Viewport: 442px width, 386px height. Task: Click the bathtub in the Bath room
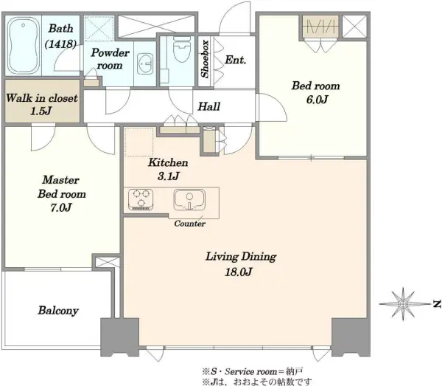[23, 46]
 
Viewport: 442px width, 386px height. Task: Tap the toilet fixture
[182, 49]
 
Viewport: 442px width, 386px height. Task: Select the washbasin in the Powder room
[145, 63]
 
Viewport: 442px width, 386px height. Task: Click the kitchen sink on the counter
[189, 200]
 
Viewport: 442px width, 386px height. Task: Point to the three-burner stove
[141, 199]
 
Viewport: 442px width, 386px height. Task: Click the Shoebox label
[206, 59]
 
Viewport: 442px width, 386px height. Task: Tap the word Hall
[209, 106]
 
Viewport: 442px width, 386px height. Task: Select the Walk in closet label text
[42, 98]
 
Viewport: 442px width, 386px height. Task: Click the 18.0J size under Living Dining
[239, 272]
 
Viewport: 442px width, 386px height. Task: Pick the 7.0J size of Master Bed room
[61, 207]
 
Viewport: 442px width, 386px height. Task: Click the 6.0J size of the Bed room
[317, 100]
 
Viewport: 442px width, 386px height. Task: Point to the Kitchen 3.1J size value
[168, 176]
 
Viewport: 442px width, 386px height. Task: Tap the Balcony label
[58, 310]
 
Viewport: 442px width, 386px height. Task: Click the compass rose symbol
[403, 304]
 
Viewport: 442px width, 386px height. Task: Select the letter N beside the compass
[437, 304]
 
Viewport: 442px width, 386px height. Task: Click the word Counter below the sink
[190, 224]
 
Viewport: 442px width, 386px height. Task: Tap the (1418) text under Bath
[60, 44]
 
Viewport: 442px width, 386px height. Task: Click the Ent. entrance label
[236, 60]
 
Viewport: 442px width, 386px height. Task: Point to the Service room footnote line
[252, 371]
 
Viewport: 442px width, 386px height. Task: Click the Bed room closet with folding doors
[320, 27]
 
